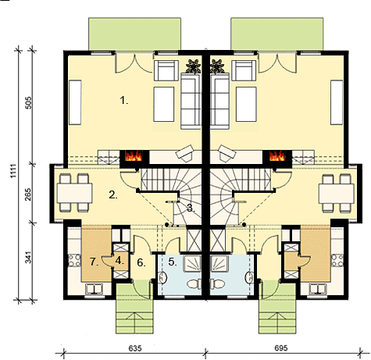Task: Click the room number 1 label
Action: [x=124, y=101]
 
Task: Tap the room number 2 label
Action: [x=113, y=194]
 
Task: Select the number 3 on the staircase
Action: [x=191, y=208]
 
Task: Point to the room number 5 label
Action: [x=172, y=262]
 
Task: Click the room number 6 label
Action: [x=141, y=263]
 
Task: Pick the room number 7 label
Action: [x=95, y=262]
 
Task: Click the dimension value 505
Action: [x=29, y=103]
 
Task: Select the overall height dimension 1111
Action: [x=13, y=171]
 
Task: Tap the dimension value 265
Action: [x=28, y=194]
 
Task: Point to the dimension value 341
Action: [x=28, y=257]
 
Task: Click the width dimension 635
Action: [x=135, y=348]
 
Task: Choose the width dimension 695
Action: [x=281, y=348]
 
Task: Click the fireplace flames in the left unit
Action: [x=134, y=156]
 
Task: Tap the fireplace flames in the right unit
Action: [x=276, y=156]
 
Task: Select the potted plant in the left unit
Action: [x=193, y=66]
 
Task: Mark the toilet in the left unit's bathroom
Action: [x=194, y=284]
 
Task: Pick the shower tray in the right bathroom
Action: [x=219, y=263]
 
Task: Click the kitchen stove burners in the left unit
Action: [x=74, y=261]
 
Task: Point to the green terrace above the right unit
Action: [x=277, y=34]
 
